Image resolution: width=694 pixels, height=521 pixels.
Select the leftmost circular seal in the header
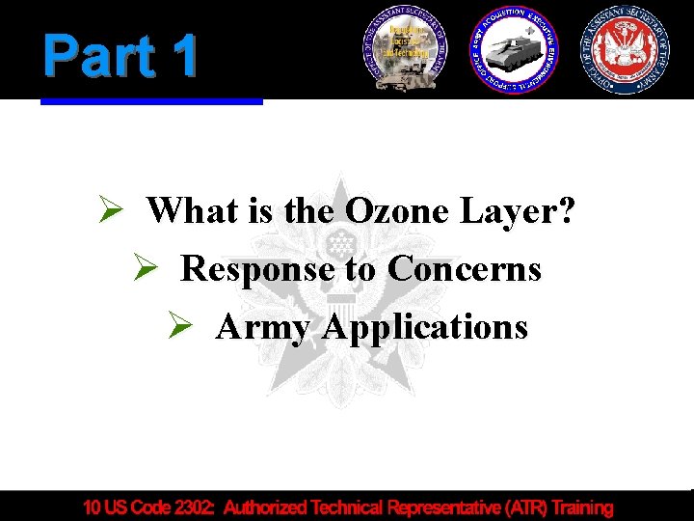405,48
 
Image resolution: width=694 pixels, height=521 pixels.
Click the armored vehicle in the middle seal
514,53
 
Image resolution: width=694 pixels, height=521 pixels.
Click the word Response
257,268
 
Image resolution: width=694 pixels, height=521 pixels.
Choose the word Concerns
464,268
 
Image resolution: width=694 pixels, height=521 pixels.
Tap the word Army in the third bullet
263,327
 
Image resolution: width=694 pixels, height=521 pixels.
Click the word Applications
425,327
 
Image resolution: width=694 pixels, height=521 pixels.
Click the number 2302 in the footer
192,507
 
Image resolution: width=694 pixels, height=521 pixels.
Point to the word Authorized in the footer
271,507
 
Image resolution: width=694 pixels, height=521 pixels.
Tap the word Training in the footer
580,507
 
